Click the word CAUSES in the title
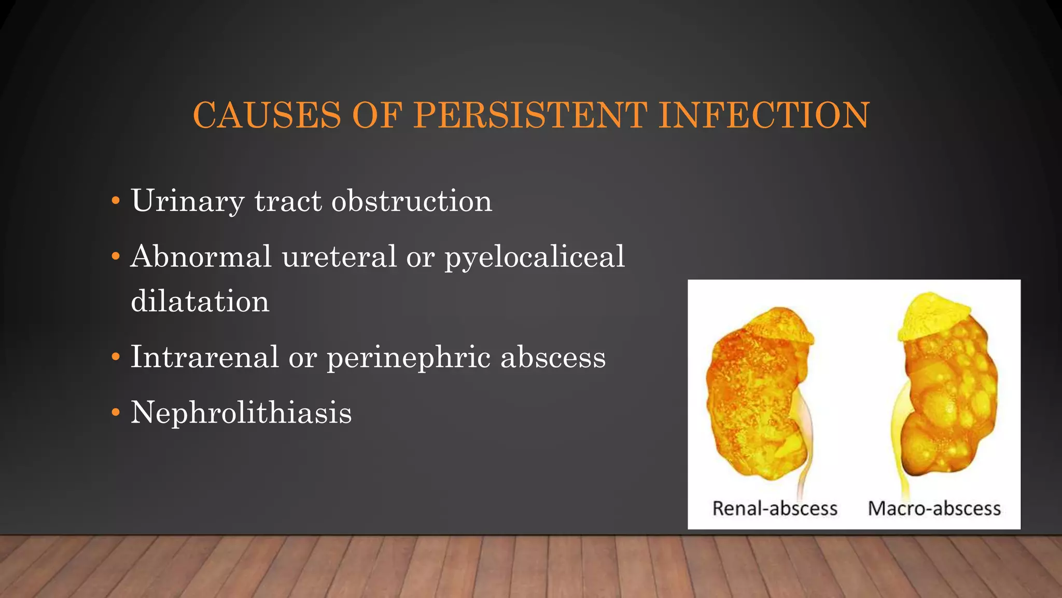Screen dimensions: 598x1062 click(267, 115)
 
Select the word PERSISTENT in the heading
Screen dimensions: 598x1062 click(530, 115)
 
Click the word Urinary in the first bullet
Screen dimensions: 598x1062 click(187, 201)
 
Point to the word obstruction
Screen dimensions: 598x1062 click(412, 201)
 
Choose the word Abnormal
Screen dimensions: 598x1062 click(201, 256)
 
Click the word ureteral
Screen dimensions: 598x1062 click(339, 256)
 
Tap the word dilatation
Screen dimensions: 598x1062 click(200, 302)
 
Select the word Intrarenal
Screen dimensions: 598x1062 click(204, 357)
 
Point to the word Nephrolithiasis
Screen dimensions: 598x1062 click(241, 413)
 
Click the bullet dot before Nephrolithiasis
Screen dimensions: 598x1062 click(116, 413)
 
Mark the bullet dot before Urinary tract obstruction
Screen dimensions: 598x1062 click(116, 201)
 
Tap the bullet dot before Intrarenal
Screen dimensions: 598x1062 click(116, 357)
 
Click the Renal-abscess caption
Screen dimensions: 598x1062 click(775, 508)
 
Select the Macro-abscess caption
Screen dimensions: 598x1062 click(934, 508)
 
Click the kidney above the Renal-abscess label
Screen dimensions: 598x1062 click(757, 400)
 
